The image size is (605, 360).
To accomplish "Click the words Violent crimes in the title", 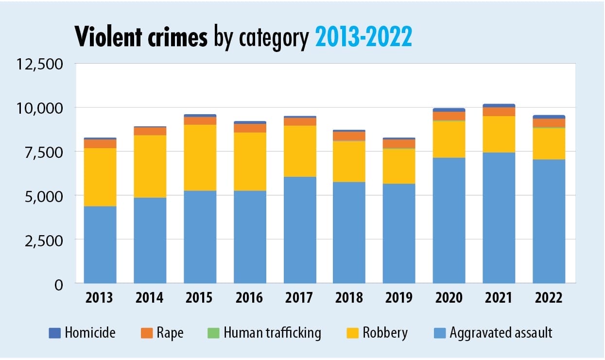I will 141,37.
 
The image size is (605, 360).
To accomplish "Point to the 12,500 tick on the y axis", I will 40,64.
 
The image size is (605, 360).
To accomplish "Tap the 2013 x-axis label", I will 100,298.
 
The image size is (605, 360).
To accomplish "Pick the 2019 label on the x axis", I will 399,298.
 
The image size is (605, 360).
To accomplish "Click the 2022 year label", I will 549,298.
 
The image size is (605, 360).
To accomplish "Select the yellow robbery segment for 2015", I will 200,157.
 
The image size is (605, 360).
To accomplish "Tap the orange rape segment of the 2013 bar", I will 100,144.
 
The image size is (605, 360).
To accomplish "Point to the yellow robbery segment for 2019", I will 399,166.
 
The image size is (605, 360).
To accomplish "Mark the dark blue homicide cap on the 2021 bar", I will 499,105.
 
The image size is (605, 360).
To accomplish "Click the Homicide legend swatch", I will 54,333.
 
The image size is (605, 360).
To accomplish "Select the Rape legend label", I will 170,333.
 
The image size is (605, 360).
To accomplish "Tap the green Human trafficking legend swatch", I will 214,333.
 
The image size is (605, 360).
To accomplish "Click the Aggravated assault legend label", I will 501,333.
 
